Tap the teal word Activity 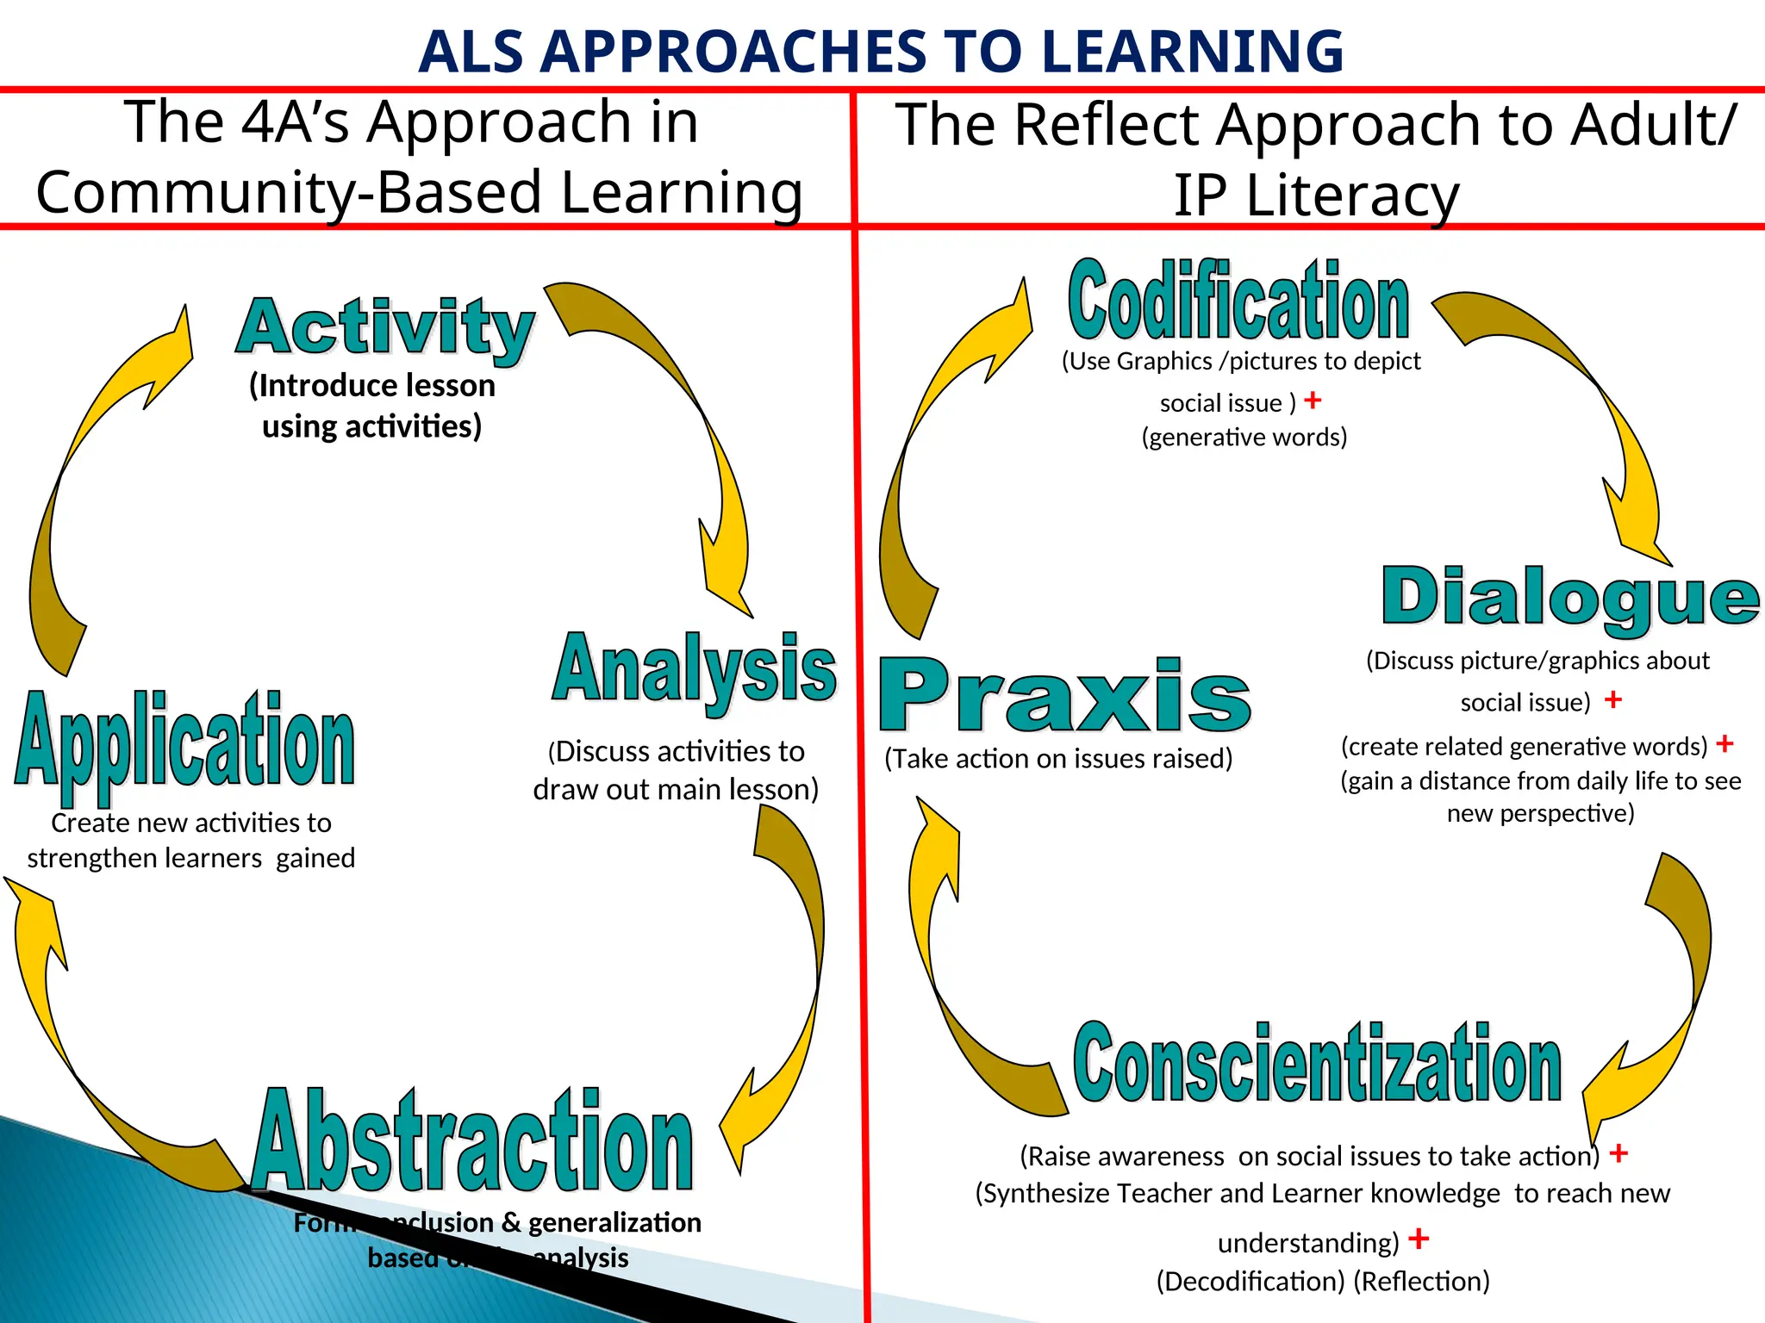tap(385, 327)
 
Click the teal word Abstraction tap(473, 1141)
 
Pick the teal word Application tap(185, 741)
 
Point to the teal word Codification tap(1238, 301)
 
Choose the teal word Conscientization tap(1317, 1064)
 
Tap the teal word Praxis tap(1064, 696)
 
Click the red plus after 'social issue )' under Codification tap(1313, 401)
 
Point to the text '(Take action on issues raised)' tap(1058, 759)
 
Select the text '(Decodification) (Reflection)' tap(1323, 1282)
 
